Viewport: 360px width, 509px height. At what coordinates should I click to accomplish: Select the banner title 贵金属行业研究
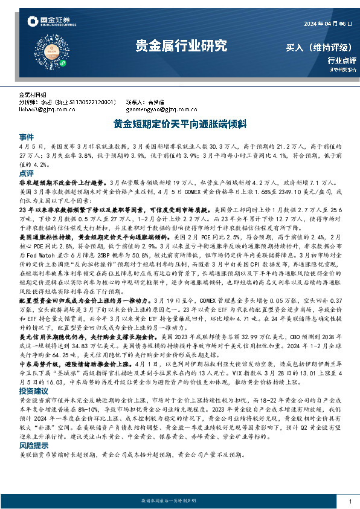(x=180, y=45)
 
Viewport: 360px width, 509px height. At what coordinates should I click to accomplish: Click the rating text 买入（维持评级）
(x=320, y=47)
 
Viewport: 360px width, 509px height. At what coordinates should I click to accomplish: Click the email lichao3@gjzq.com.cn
(x=40, y=109)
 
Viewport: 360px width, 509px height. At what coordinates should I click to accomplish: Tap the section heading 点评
(x=27, y=173)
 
